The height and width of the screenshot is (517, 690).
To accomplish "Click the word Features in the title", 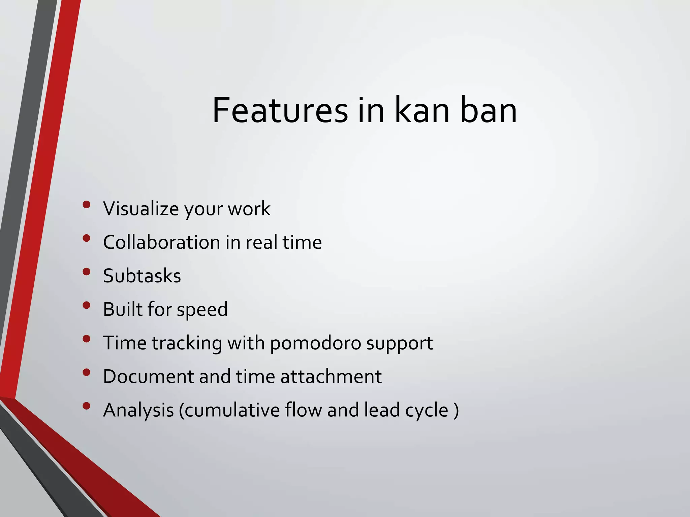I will coord(280,110).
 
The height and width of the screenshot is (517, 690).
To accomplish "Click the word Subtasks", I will coord(142,276).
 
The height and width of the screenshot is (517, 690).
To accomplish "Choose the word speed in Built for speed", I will coord(202,310).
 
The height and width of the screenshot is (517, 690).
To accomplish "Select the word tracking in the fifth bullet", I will coord(187,343).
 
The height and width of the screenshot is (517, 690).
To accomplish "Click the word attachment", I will coord(331,377).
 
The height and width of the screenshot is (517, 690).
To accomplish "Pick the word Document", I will coord(148,377).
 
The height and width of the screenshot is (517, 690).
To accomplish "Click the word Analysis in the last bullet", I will coord(138,410).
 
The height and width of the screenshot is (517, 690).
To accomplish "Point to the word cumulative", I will coord(232,410).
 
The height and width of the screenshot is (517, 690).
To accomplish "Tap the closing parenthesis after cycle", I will coord(456,411).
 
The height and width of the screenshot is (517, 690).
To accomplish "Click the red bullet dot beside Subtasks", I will coord(87,272).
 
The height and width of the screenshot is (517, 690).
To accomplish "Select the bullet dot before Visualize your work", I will coord(87,204).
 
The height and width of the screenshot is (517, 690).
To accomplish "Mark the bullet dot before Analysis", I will coord(87,406).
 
